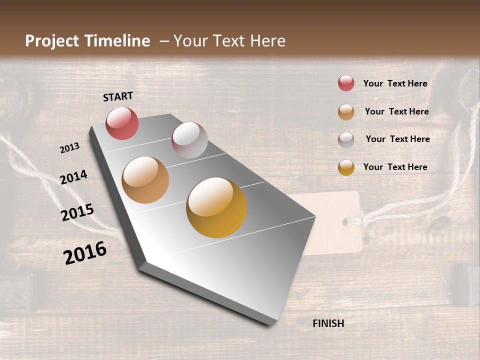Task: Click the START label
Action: point(118,96)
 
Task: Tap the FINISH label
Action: point(328,323)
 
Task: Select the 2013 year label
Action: point(69,147)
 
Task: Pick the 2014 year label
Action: point(73,177)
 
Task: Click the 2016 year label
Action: point(85,253)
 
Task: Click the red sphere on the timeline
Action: point(122,123)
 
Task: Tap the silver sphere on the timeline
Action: point(189,139)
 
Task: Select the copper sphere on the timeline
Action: point(145,180)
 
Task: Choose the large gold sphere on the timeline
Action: point(216,207)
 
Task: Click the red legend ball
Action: point(346,83)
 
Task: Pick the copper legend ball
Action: point(346,112)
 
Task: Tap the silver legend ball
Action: point(346,140)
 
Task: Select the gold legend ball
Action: point(346,167)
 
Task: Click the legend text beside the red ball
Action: point(395,83)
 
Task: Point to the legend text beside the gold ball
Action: point(395,167)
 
